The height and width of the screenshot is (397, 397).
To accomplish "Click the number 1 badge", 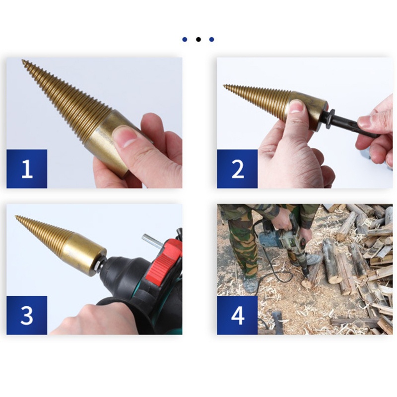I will [x=27, y=169].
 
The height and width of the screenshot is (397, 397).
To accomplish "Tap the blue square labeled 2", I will [x=237, y=169].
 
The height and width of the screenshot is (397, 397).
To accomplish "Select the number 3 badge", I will [x=27, y=315].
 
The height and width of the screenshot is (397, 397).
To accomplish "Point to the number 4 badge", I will [x=237, y=315].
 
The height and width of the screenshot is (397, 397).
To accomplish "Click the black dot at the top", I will [x=198, y=39].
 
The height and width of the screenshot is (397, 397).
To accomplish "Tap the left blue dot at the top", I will [x=185, y=39].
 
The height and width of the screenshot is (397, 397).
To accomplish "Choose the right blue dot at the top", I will [x=211, y=39].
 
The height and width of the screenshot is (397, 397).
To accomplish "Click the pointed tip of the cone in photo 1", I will [x=23, y=61].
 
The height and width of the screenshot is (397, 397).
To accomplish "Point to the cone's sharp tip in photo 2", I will [x=225, y=86].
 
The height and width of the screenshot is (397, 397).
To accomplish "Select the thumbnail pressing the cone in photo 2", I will [x=296, y=106].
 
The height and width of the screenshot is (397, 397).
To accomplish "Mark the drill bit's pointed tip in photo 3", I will [x=17, y=217].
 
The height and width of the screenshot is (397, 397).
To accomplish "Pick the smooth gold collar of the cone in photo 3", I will [x=87, y=253].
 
